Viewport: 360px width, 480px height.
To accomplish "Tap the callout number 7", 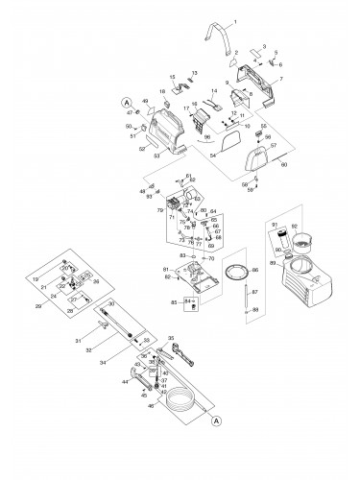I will click(280, 78).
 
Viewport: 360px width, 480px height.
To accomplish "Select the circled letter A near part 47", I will click(124, 102).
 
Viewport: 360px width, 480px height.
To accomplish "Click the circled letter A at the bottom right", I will click(217, 420).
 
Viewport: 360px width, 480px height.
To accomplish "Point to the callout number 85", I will click(173, 303).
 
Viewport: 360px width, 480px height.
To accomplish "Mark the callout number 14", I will click(214, 90).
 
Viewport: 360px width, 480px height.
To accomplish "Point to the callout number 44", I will click(122, 382).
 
